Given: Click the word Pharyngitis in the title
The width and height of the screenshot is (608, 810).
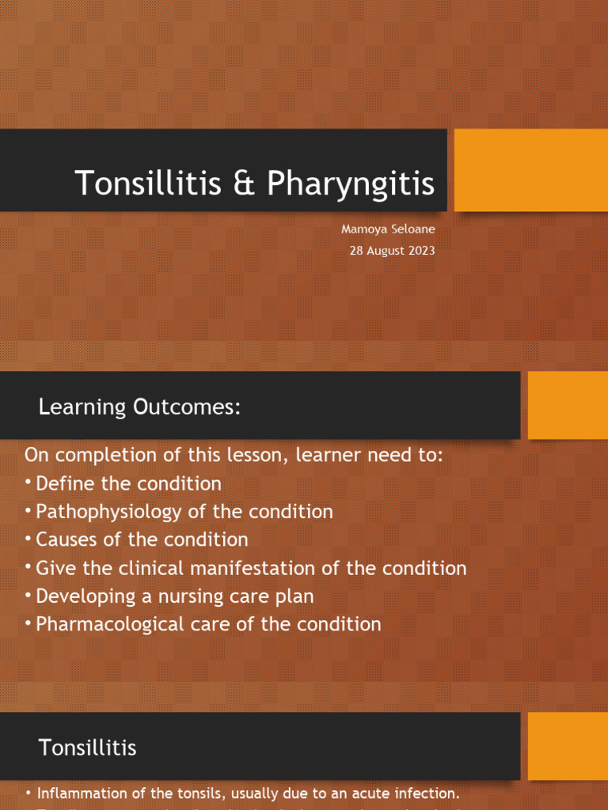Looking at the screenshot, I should pyautogui.click(x=351, y=184).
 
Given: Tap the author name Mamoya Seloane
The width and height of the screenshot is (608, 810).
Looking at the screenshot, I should pyautogui.click(x=388, y=229).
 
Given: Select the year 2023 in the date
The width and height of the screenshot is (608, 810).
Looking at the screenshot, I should pyautogui.click(x=420, y=251).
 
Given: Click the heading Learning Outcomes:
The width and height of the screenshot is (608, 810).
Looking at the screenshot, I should pyautogui.click(x=139, y=407).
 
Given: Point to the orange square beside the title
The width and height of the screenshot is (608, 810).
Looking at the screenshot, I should pyautogui.click(x=530, y=170).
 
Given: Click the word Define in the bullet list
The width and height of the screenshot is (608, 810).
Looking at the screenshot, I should pyautogui.click(x=63, y=483).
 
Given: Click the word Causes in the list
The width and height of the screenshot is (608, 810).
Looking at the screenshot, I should pyautogui.click(x=64, y=539).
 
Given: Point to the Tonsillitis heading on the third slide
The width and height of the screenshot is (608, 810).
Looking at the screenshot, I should pyautogui.click(x=88, y=748).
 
